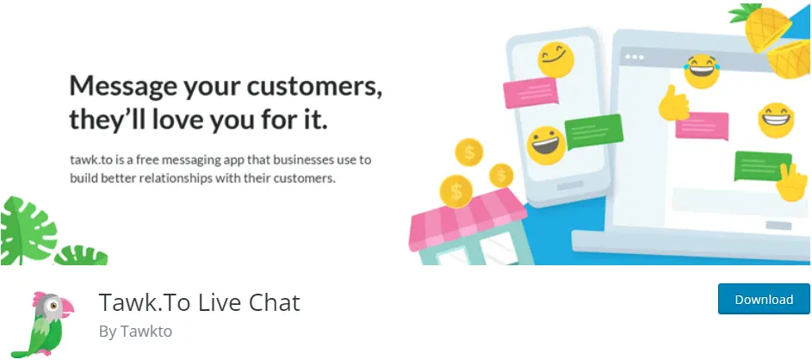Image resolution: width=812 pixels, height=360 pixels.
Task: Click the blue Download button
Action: (764, 299)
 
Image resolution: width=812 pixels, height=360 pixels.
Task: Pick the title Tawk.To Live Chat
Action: (200, 303)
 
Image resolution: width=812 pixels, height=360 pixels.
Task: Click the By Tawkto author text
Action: (135, 332)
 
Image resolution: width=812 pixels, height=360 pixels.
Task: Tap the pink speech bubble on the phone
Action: (530, 92)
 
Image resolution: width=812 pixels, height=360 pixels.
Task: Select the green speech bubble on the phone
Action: (593, 131)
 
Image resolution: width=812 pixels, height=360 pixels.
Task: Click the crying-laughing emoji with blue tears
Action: (702, 71)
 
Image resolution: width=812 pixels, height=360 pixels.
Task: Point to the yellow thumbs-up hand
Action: (673, 103)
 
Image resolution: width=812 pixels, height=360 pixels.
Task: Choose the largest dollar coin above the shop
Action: (456, 191)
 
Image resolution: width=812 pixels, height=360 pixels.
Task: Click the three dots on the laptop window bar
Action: (634, 57)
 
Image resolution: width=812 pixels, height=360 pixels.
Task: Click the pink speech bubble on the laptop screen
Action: (703, 126)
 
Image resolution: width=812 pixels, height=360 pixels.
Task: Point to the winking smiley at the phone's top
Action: (555, 60)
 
